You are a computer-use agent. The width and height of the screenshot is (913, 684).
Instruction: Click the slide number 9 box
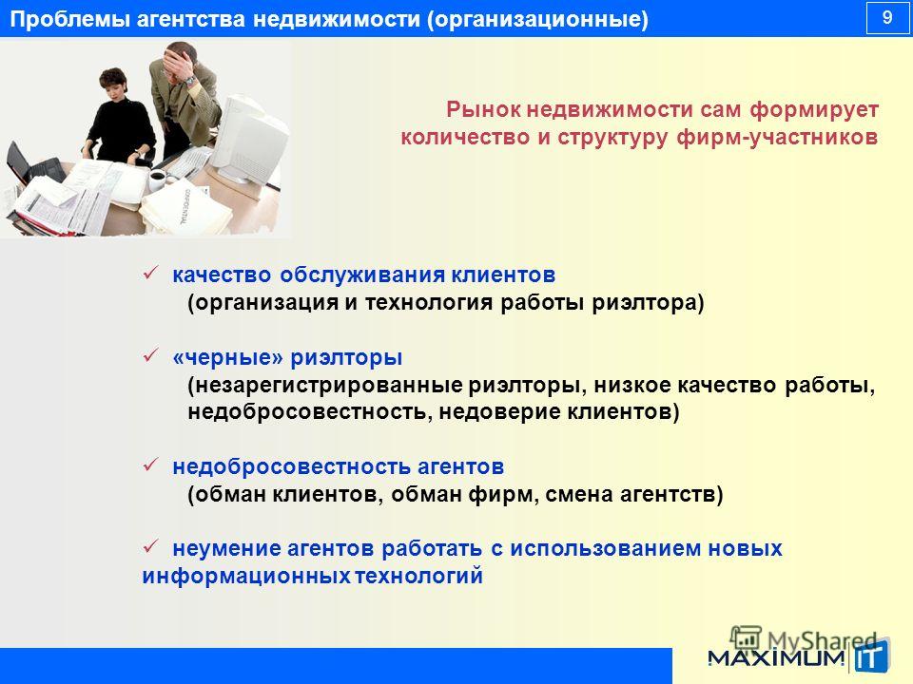coord(886,18)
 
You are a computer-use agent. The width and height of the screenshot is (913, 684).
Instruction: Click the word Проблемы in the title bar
coord(69,19)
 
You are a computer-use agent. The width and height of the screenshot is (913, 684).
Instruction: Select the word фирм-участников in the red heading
coord(777,137)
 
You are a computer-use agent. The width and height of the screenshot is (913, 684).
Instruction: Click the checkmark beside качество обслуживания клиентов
coord(151,273)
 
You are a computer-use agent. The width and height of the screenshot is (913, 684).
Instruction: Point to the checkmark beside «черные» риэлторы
coord(151,354)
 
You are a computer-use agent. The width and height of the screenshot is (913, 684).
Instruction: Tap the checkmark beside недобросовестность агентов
coord(151,465)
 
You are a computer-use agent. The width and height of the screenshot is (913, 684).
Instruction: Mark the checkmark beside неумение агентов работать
coord(151,546)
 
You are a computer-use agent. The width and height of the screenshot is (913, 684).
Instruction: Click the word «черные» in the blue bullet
coord(227,357)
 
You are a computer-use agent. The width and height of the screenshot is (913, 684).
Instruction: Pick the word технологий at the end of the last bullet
coord(418,576)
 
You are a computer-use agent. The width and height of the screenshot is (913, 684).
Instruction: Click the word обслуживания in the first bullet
coord(361,275)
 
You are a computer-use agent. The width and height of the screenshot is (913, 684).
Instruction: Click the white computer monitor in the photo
coord(249,141)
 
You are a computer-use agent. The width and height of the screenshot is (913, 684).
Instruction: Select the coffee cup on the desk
coord(157,180)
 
